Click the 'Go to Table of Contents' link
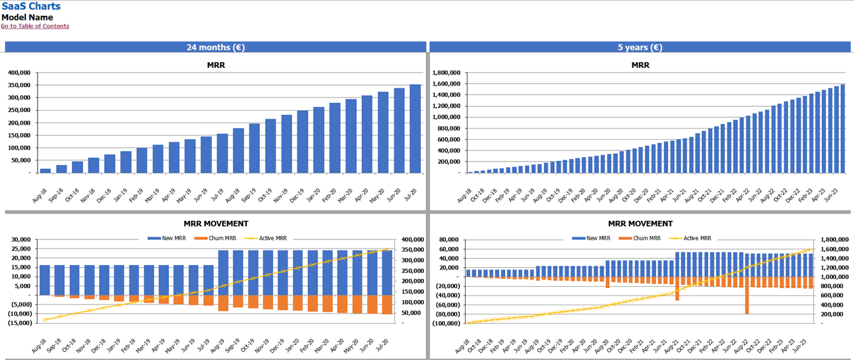pyautogui.click(x=35, y=26)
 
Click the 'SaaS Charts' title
pyautogui.click(x=30, y=7)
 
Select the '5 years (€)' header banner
pyautogui.click(x=640, y=47)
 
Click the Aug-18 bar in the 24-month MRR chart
pyautogui.click(x=46, y=170)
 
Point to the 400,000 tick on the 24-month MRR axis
pyautogui.click(x=19, y=73)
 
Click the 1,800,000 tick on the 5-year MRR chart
pyautogui.click(x=443, y=73)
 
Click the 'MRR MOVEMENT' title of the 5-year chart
pyautogui.click(x=640, y=224)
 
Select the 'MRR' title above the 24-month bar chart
pyautogui.click(x=215, y=65)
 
